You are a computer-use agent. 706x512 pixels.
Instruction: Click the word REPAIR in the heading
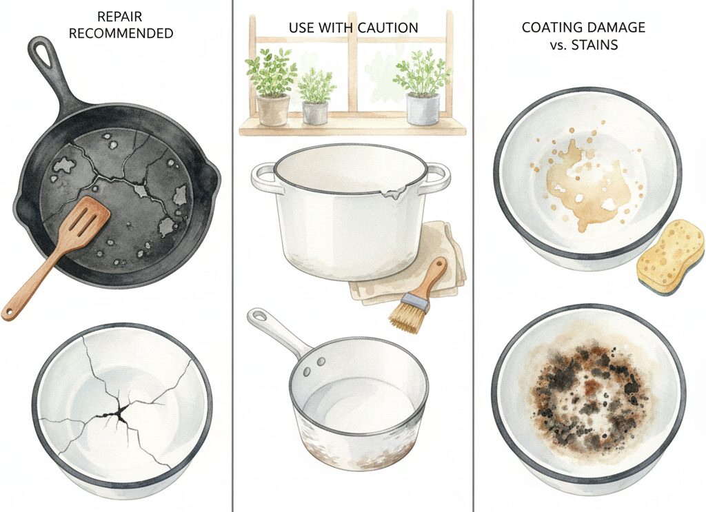[120, 17]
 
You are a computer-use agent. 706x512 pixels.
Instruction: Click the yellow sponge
[669, 258]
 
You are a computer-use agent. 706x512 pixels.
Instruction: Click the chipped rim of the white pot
[392, 194]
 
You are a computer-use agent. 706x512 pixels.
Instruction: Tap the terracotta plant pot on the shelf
[272, 110]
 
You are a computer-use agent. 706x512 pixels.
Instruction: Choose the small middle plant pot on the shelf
[315, 112]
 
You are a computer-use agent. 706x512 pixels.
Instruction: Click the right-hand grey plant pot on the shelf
[423, 109]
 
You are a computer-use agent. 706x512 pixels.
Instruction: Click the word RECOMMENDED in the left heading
[121, 33]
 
